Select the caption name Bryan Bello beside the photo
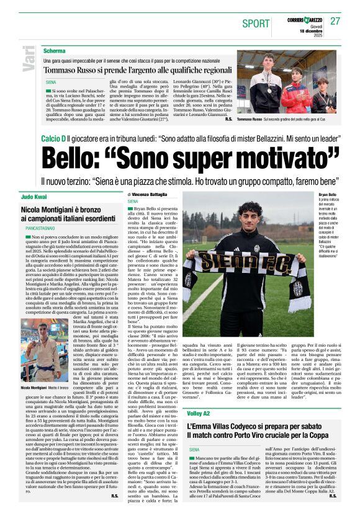tap(327, 194)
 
